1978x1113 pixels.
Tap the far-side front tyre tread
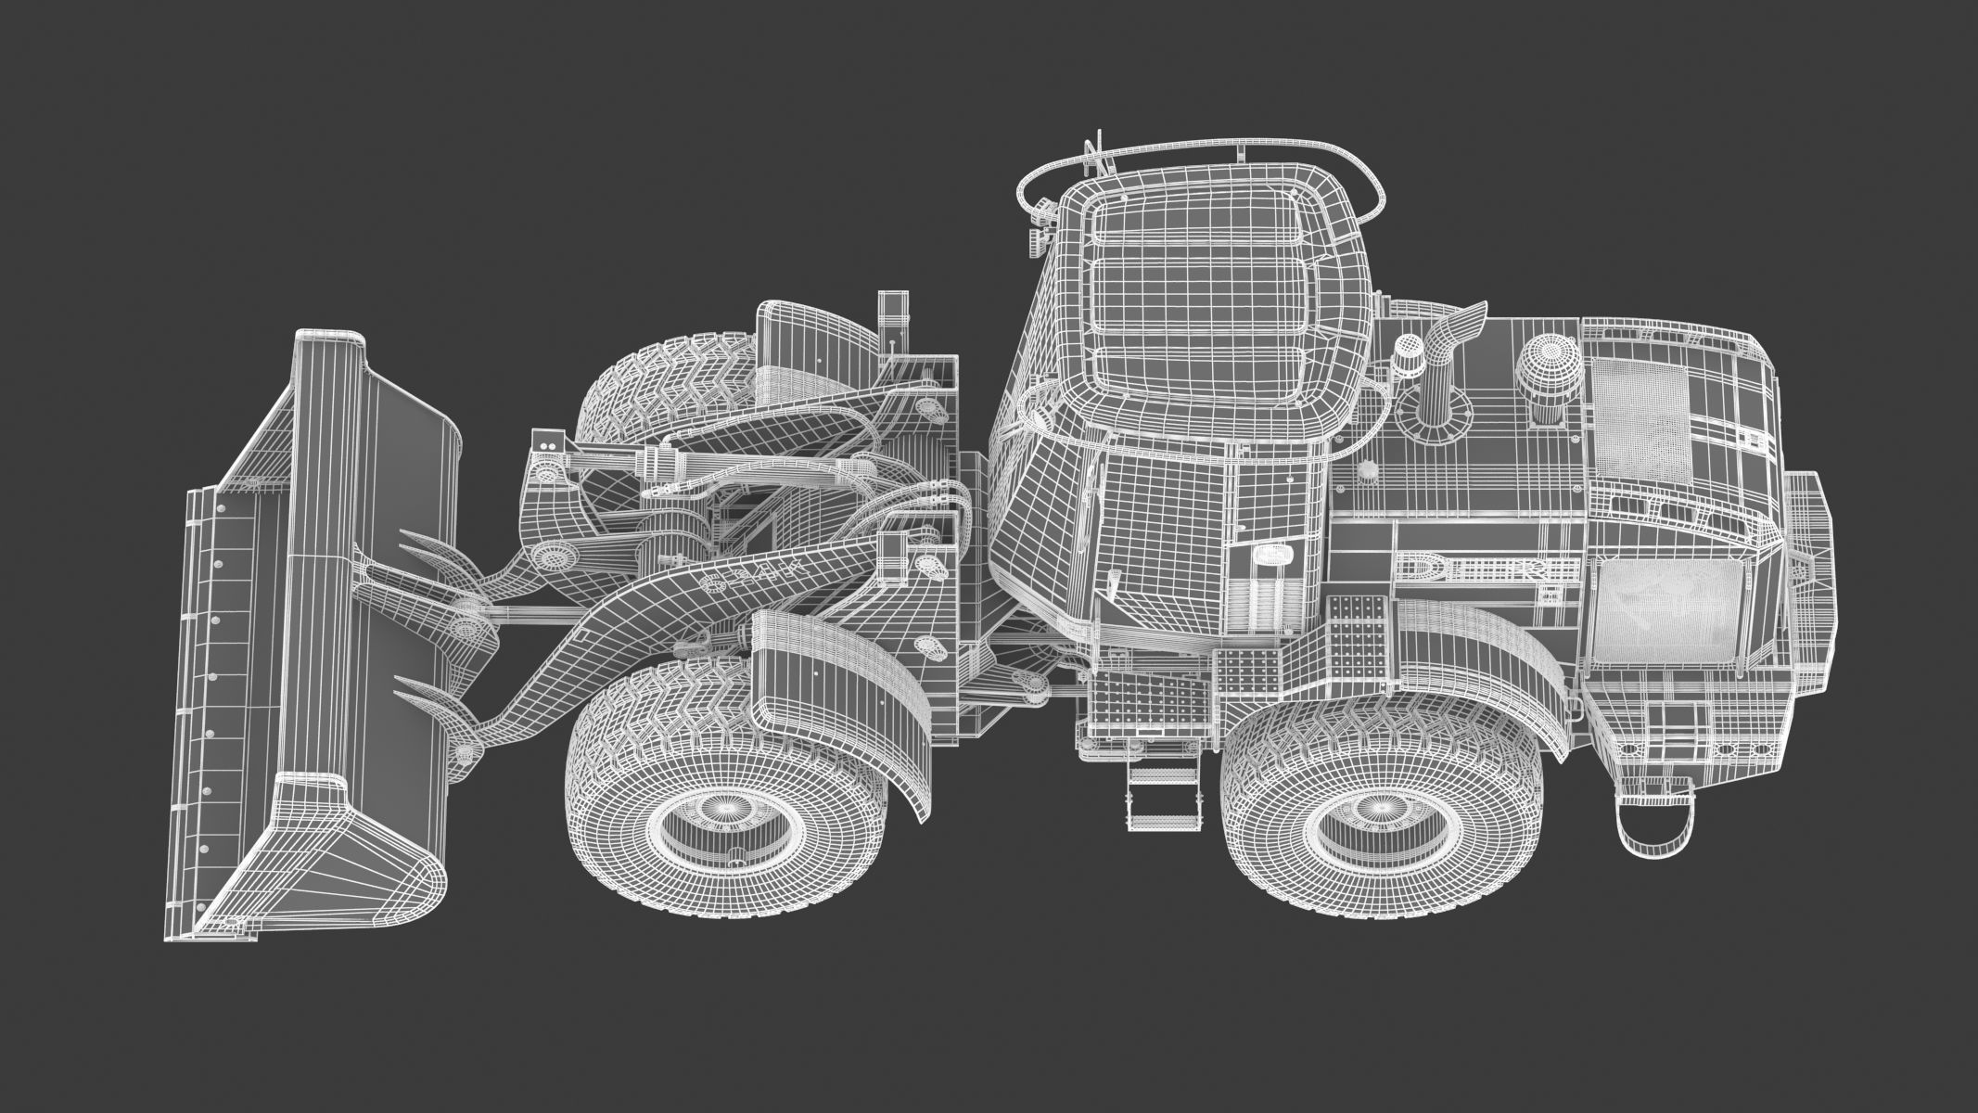pos(649,394)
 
